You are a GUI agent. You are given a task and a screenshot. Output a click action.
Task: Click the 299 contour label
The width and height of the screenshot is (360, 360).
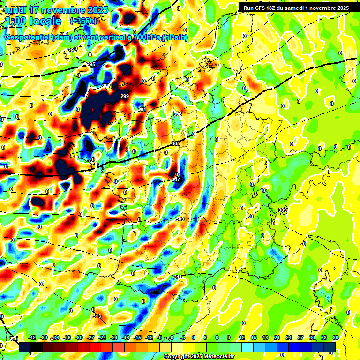click(125, 96)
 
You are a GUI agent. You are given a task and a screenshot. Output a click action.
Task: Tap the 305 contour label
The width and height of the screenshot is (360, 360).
click(176, 143)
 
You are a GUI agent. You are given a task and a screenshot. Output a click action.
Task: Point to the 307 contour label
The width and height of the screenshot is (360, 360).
click(176, 180)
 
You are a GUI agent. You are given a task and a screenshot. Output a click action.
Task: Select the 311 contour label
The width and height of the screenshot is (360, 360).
click(178, 277)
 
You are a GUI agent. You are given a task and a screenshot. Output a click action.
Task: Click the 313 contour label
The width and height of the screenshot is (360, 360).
click(97, 316)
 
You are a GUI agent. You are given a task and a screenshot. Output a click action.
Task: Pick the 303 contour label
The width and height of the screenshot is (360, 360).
click(178, 114)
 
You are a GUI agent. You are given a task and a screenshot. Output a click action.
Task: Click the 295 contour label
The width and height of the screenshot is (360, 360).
click(91, 64)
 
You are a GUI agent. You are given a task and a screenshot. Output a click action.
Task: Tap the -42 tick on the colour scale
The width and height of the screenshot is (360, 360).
click(32, 337)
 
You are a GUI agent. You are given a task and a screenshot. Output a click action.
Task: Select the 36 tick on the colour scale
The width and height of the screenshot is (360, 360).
click(336, 337)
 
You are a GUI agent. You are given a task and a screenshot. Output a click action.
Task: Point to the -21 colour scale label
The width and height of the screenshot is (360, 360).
click(114, 337)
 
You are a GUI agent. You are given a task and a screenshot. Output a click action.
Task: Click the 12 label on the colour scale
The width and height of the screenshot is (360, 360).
click(242, 337)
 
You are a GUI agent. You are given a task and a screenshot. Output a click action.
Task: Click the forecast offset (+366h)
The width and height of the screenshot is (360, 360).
click(83, 21)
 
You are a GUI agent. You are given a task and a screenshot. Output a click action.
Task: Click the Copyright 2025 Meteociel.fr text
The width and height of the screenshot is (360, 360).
click(199, 356)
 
